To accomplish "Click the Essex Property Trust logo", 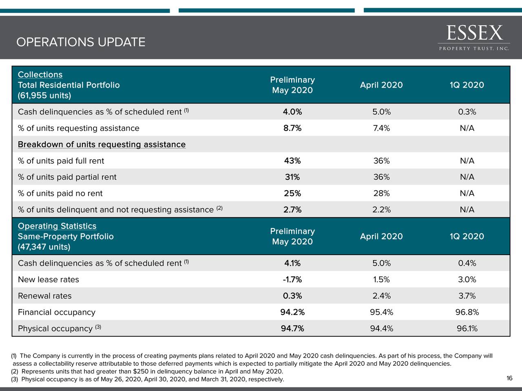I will point(474,37).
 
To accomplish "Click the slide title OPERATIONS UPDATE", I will point(81,42).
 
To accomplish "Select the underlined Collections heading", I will point(40,75).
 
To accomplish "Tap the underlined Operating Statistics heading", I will point(57,226).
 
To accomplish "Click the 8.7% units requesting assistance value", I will point(292,128).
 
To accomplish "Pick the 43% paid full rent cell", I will point(292,161).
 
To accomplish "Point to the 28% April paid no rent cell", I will point(381,193).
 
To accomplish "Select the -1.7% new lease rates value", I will point(292,280).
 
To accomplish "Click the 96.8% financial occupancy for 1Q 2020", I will point(467,312).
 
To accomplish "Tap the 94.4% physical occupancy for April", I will point(381,329).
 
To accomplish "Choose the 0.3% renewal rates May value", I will point(292,296).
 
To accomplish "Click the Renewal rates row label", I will point(44,296).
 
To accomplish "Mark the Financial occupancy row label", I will point(56,312).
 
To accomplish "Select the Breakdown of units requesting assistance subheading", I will point(102,145).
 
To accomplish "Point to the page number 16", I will point(509,379).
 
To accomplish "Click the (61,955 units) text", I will point(44,96).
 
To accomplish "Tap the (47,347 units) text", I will point(44,247).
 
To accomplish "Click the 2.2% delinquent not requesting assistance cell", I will point(381,210).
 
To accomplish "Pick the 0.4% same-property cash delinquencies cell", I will point(467,264).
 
